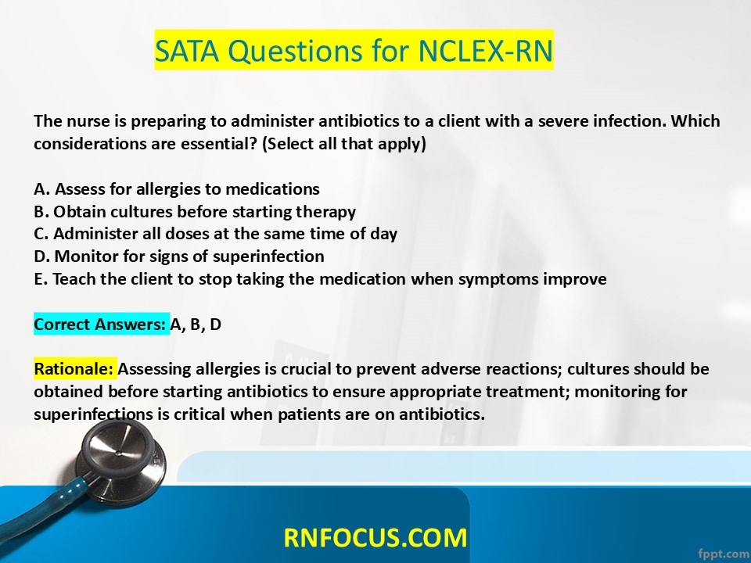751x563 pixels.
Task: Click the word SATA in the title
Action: (x=187, y=50)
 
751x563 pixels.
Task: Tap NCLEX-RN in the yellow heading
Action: (x=485, y=50)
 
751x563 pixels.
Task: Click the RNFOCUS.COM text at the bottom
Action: (x=375, y=537)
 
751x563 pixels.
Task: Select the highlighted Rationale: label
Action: (x=74, y=369)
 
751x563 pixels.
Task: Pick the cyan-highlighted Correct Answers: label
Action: (x=100, y=324)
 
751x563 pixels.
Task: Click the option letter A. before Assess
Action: (x=42, y=189)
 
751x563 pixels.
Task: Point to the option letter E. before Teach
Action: (x=41, y=278)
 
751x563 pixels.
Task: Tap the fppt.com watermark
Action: (x=724, y=553)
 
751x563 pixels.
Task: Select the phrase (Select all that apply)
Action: (x=344, y=144)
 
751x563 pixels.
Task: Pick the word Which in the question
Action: (x=695, y=120)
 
